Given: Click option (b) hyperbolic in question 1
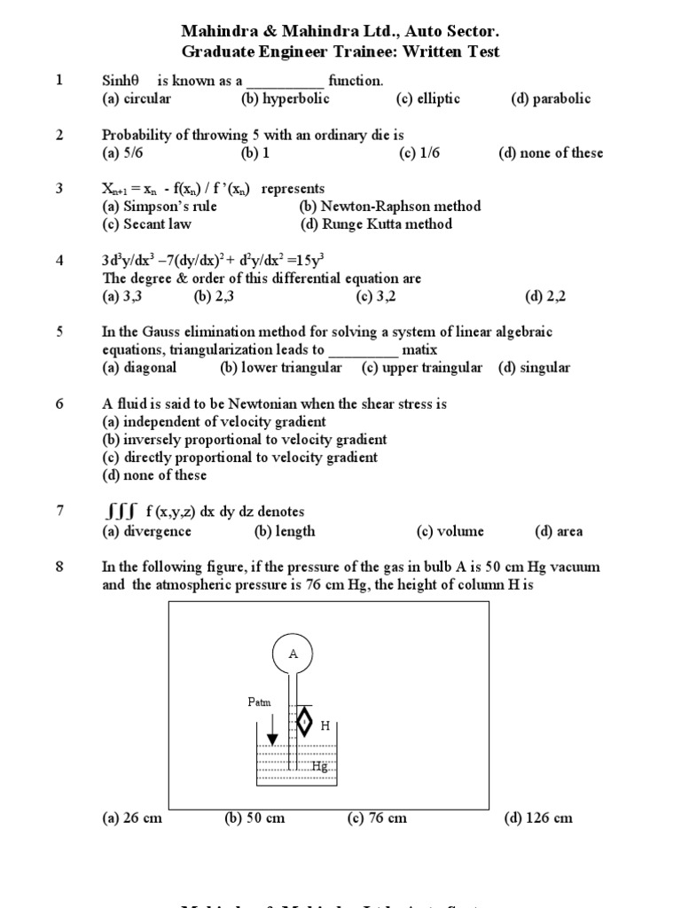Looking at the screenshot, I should point(285,98).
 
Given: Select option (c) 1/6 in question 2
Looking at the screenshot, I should point(419,153).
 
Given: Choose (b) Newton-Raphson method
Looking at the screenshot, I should point(390,206).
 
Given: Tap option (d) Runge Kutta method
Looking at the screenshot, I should point(376,223).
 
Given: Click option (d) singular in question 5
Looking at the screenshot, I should point(534,367).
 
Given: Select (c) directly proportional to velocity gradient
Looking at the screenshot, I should point(239,457).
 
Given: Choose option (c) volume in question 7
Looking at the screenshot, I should point(450,531).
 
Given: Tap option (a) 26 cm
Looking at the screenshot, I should point(132,818).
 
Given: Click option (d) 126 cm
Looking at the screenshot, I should point(538,818).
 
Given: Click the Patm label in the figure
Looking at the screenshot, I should point(260,702).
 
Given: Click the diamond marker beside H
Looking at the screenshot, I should point(304,722).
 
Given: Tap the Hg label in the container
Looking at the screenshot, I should point(319,766).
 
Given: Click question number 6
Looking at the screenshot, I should point(59,403).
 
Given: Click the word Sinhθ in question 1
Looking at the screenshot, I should point(122,81).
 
